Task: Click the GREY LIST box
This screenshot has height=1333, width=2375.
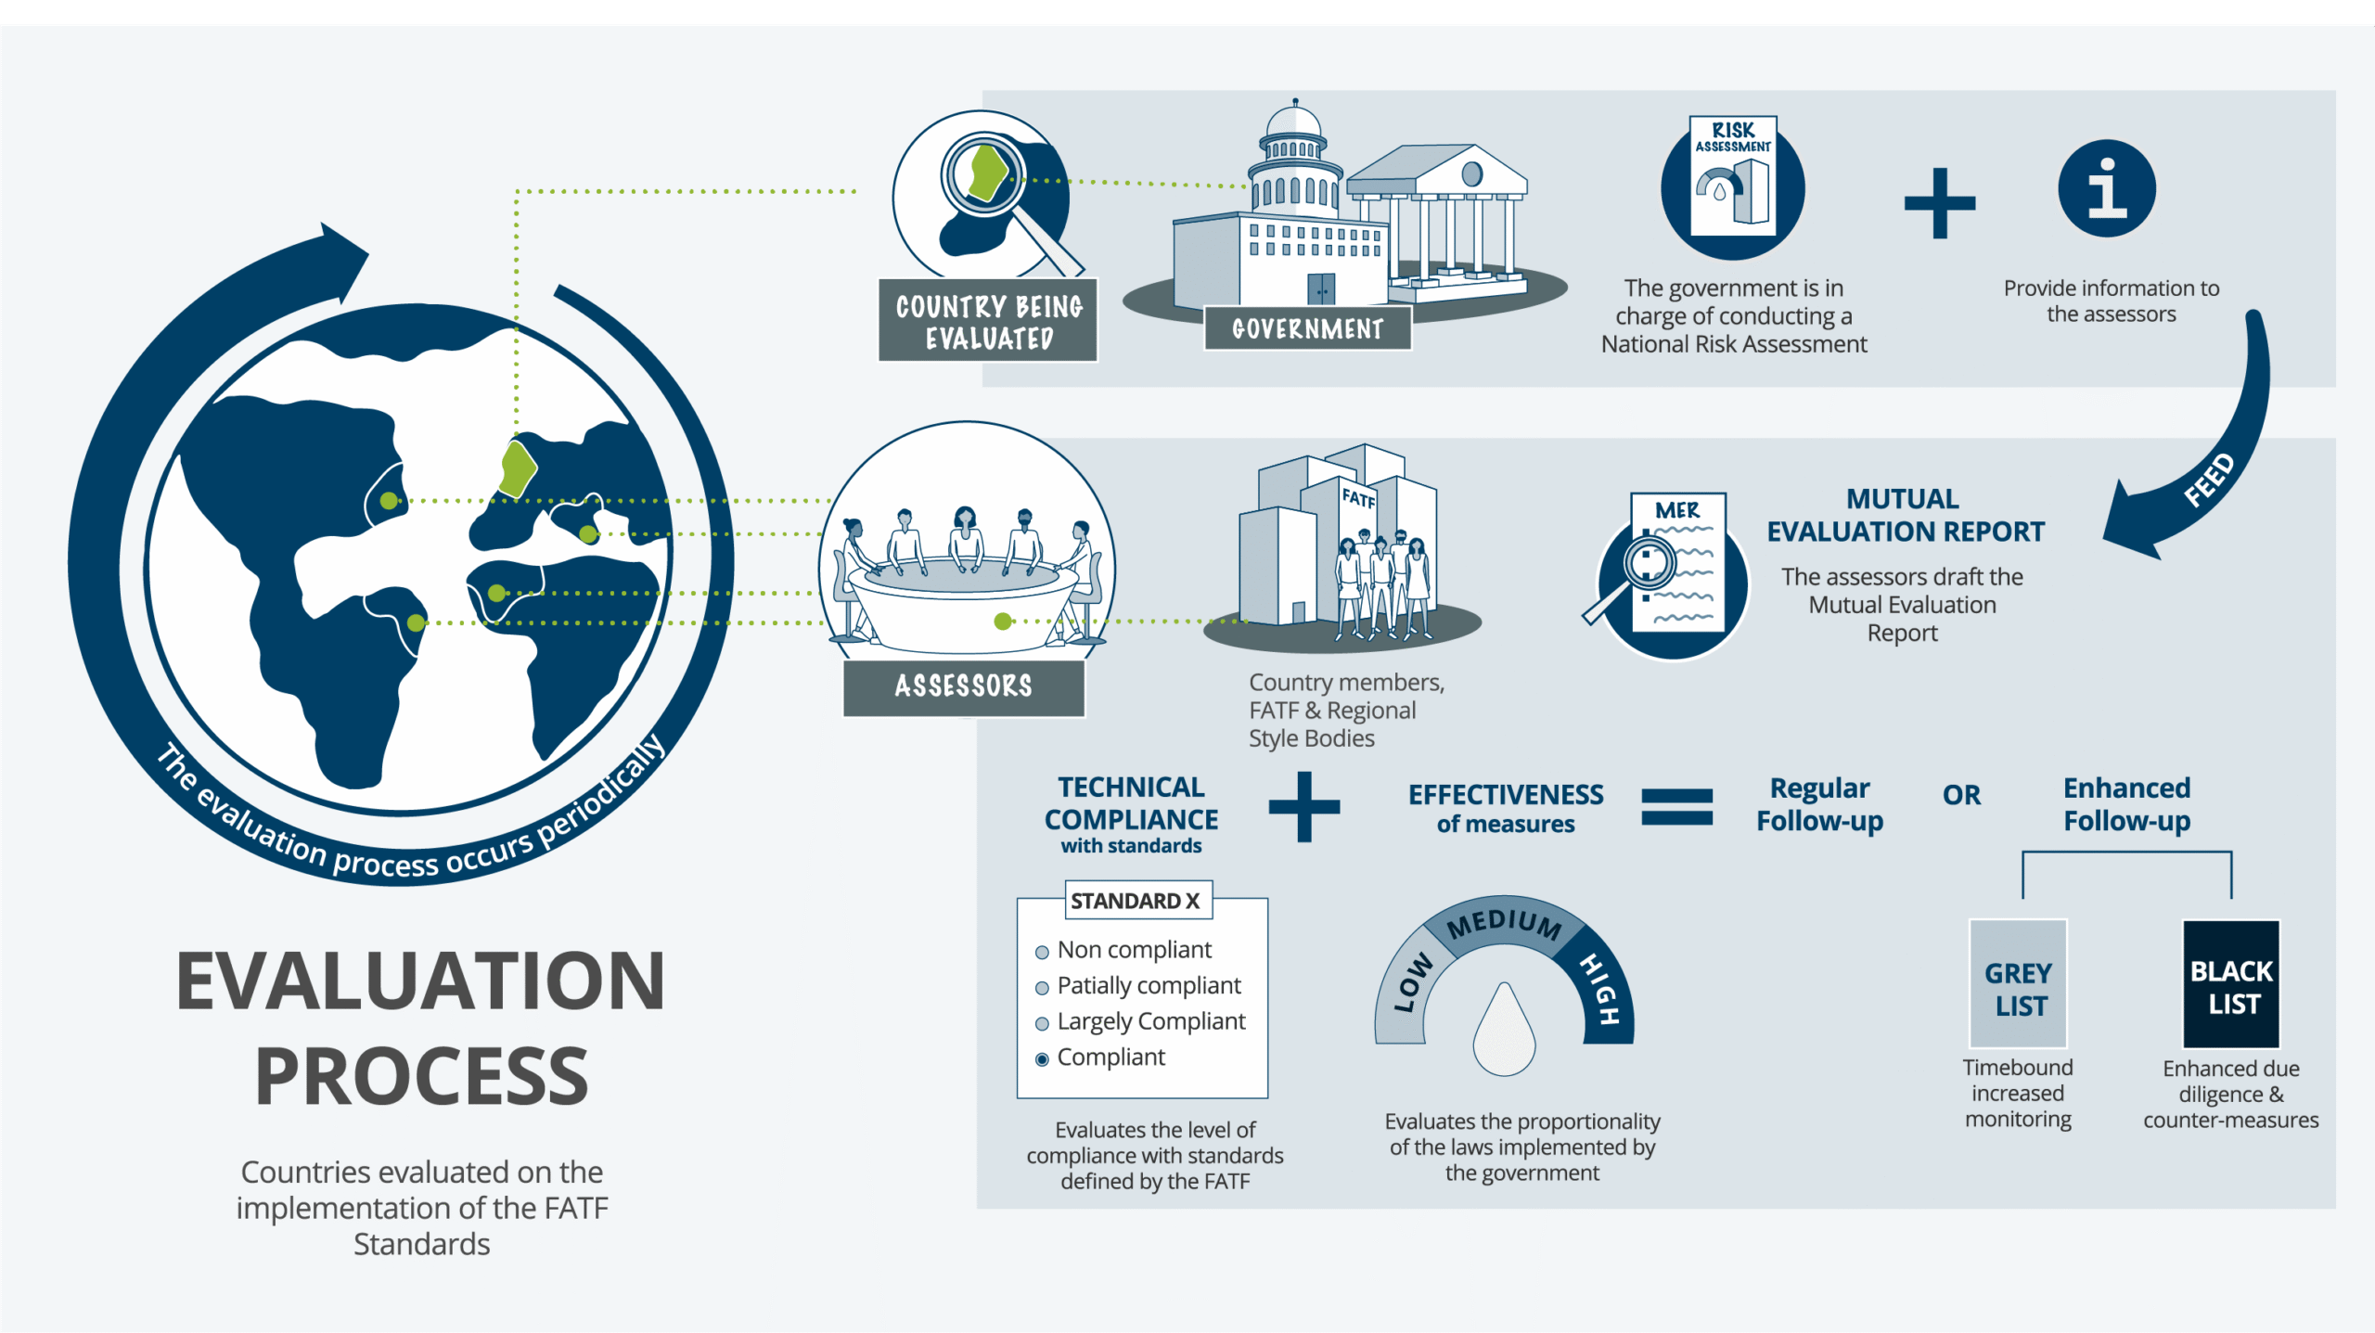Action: tap(2018, 983)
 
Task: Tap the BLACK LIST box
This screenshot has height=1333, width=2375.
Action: tap(2230, 983)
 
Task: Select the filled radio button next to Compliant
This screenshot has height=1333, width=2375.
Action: tap(1042, 1059)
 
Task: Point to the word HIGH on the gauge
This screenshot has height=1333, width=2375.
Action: tap(1600, 988)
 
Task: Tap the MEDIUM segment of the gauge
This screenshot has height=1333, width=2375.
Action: tap(1503, 923)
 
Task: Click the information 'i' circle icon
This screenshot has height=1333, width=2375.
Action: tap(2107, 189)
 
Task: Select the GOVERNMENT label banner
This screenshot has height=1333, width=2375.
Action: tap(1307, 328)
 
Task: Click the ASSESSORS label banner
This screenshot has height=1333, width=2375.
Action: tap(964, 686)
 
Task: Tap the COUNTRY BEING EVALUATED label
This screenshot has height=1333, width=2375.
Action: tap(988, 321)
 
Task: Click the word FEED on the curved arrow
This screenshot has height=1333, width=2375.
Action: tap(2209, 480)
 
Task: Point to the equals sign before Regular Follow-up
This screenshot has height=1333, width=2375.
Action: tap(1676, 806)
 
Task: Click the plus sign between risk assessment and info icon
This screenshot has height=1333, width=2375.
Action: tap(1940, 202)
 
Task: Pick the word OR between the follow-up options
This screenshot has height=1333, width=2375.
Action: tap(1961, 795)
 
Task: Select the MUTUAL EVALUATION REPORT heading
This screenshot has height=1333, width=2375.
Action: tap(1905, 515)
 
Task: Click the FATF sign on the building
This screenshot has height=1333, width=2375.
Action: tap(1358, 498)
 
